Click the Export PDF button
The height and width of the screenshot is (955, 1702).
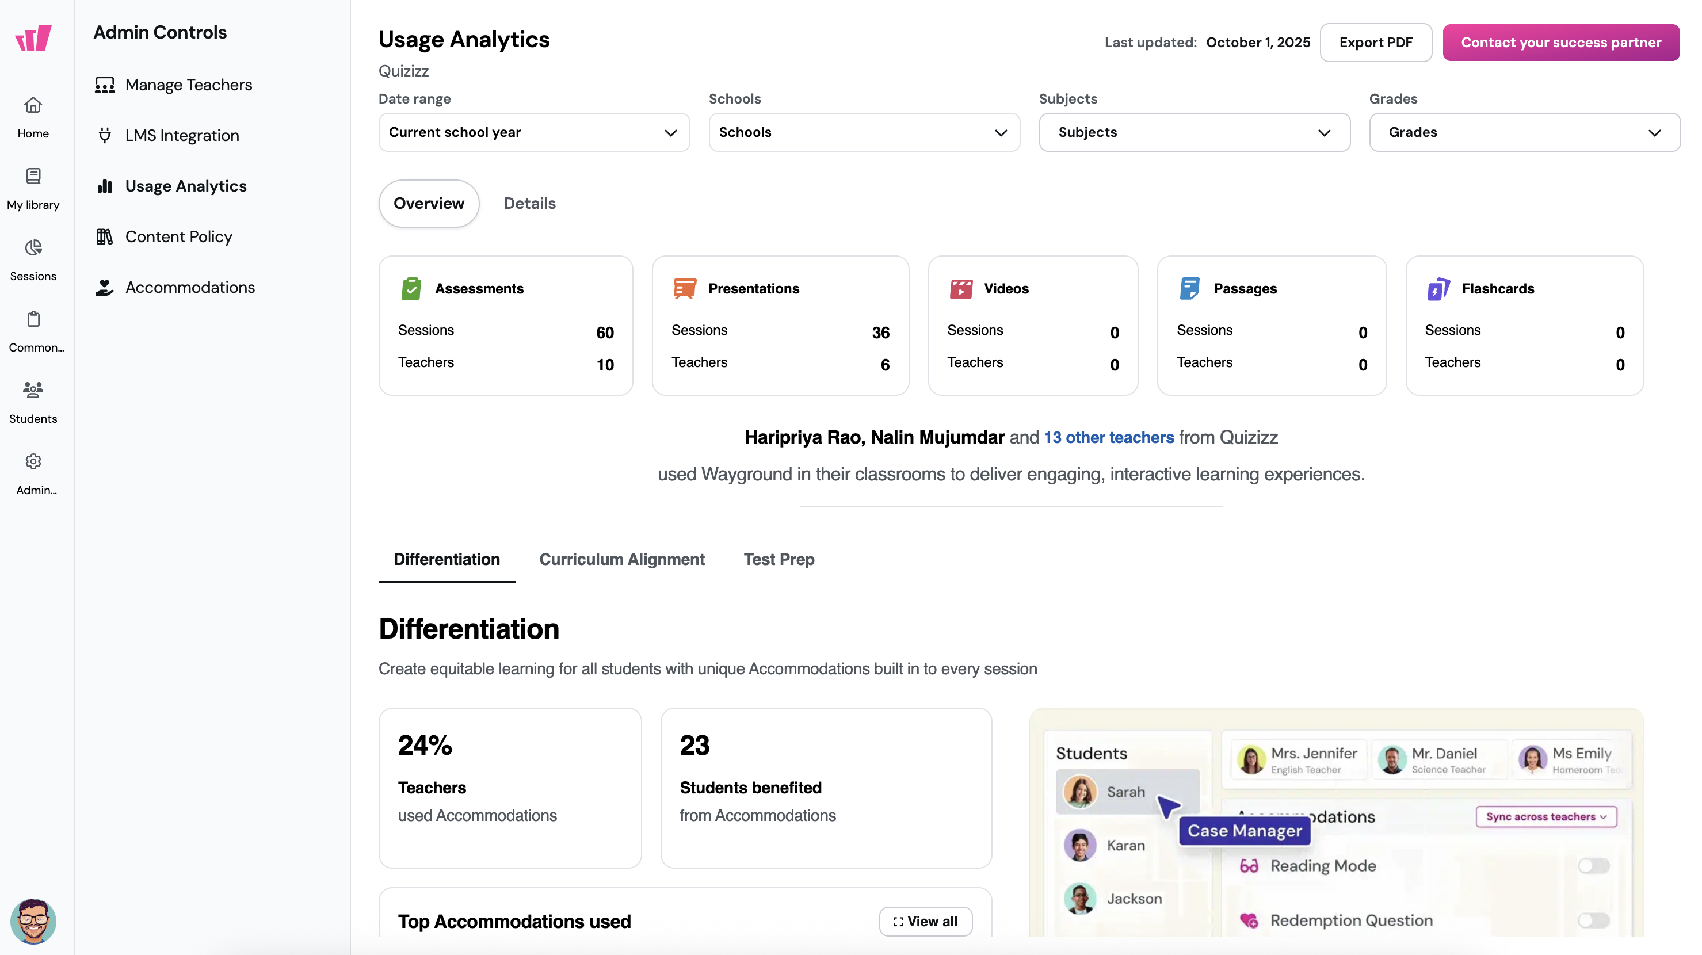coord(1375,42)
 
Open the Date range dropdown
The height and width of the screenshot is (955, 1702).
coord(533,132)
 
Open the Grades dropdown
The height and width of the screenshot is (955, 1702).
coord(1524,132)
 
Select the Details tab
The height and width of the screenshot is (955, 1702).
coord(529,204)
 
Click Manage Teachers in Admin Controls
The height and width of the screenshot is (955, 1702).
coord(188,85)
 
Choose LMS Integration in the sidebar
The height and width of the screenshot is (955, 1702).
coord(182,135)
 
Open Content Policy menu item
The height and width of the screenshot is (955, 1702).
coord(178,236)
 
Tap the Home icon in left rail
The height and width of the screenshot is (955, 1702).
coord(33,106)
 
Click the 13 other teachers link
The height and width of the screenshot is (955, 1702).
coord(1108,437)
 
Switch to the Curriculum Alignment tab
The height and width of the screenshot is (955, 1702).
coord(622,559)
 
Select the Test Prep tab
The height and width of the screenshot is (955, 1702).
coord(779,559)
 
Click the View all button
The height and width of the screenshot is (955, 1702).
coord(925,921)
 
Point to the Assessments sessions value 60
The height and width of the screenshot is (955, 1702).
coord(605,332)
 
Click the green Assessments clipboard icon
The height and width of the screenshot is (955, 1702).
coord(411,289)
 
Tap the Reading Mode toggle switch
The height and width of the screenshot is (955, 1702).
coord(1593,866)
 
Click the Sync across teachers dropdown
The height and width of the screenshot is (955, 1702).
coord(1545,816)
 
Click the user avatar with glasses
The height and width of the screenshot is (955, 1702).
coord(33,921)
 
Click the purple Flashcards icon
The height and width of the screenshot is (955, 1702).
coord(1438,289)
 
